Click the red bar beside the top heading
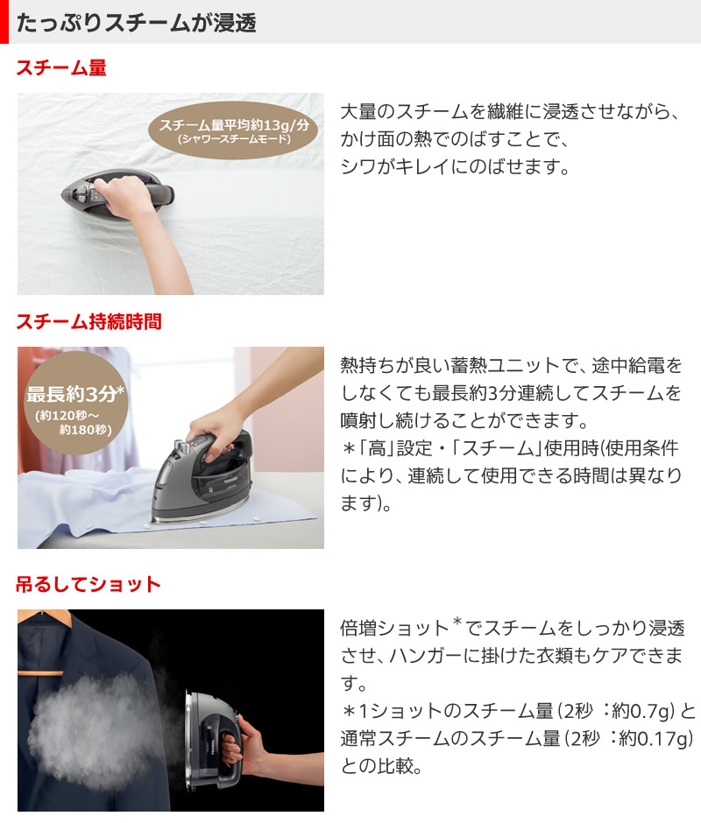pos(4,22)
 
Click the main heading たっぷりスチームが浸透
pos(137,23)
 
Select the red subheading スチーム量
pos(61,67)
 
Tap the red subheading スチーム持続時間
pos(89,321)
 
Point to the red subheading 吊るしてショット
pos(89,584)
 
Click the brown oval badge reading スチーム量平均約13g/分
pos(233,130)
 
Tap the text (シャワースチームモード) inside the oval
pos(234,139)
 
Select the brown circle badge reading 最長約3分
pos(75,403)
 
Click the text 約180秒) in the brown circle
pos(85,430)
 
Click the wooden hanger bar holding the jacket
pos(40,672)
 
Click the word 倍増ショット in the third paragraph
pos(394,628)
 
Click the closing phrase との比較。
pos(381,766)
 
